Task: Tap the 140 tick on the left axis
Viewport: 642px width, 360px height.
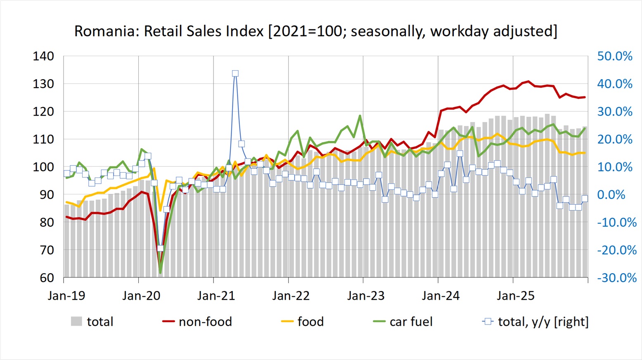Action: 43,56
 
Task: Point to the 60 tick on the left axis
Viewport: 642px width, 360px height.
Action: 47,278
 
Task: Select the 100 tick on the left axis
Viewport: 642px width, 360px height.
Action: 43,167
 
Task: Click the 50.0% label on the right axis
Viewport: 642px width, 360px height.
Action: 615,56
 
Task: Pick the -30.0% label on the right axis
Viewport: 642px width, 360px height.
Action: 617,278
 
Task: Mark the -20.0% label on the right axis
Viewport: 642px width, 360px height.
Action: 617,250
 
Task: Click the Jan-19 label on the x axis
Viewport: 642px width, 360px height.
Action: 66,296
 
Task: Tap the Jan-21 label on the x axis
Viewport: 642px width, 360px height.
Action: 216,296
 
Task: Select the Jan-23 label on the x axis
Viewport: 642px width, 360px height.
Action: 366,296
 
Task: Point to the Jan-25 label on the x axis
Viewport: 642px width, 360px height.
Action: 515,296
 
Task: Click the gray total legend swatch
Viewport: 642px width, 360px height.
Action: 76,322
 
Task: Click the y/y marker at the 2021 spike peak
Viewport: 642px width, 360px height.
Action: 235,73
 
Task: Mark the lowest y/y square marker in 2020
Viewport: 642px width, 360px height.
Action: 160,248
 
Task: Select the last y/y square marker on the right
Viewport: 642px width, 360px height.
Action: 585,199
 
